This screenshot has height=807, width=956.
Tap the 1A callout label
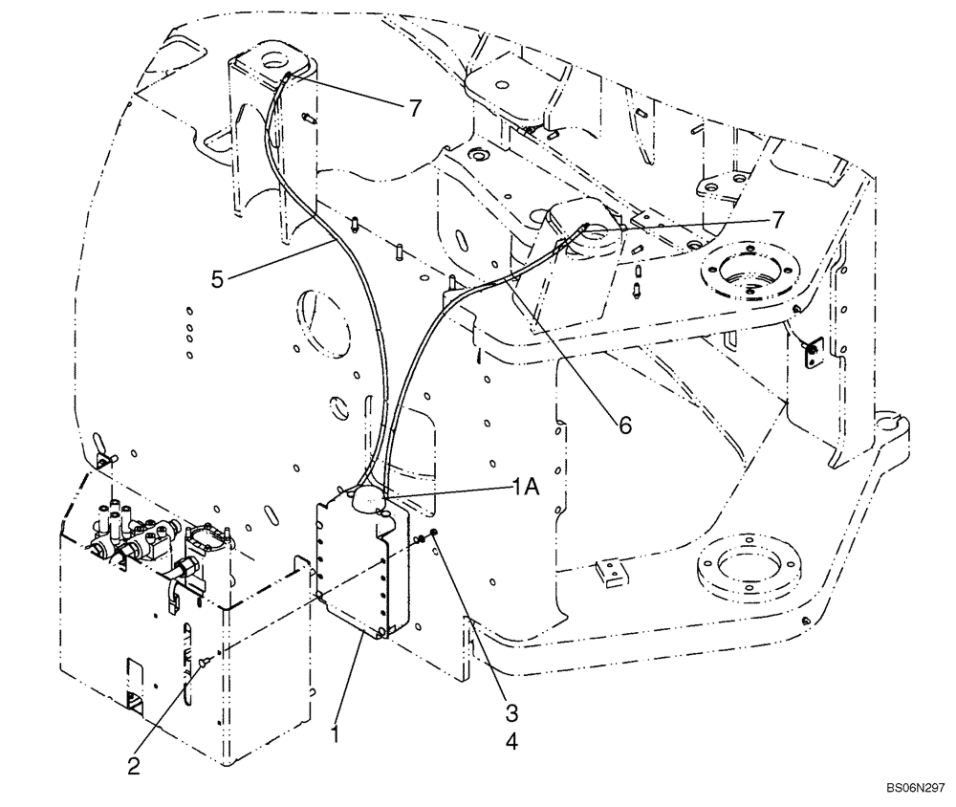[x=524, y=487]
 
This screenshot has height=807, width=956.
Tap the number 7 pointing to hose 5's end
[x=413, y=108]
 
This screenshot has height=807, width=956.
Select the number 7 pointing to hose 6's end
[x=779, y=219]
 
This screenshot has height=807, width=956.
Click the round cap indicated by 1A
[x=367, y=498]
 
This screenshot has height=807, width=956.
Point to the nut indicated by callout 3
[x=433, y=533]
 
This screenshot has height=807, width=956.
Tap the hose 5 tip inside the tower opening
[x=286, y=76]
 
